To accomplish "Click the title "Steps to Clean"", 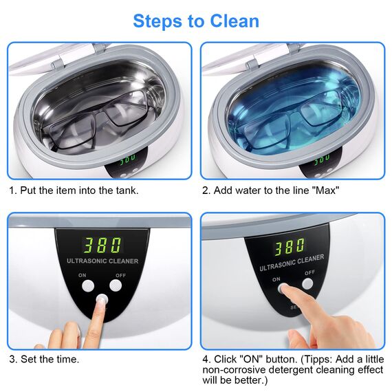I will point(196,21).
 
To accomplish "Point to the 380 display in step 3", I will point(102,245).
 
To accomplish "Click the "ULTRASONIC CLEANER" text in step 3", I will point(102,261).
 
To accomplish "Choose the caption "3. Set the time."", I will point(44,358).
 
